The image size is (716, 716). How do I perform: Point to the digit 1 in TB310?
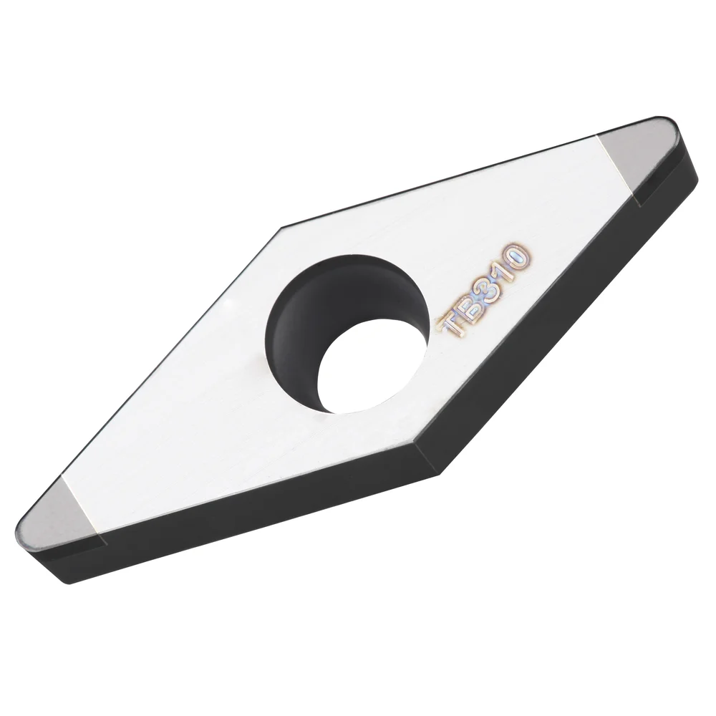click(x=505, y=269)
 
